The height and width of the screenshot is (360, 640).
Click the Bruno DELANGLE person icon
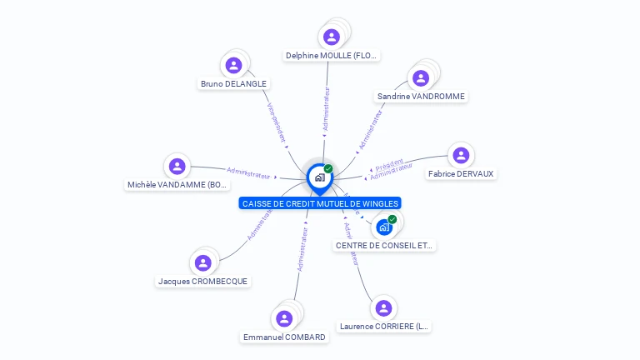click(234, 65)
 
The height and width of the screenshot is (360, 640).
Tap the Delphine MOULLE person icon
click(332, 37)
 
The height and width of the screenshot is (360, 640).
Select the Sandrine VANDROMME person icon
click(421, 77)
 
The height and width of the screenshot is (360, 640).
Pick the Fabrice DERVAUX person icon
click(460, 155)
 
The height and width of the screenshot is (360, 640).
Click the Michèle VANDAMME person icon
click(177, 166)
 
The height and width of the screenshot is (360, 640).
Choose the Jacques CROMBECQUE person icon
click(202, 262)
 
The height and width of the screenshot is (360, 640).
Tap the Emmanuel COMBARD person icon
click(284, 318)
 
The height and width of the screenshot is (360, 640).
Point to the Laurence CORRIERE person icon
click(383, 307)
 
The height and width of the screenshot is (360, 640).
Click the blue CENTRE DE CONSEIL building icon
click(384, 227)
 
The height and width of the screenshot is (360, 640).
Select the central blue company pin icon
click(319, 177)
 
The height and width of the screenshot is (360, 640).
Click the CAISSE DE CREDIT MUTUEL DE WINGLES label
click(320, 203)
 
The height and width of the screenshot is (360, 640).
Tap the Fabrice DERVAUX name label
click(461, 174)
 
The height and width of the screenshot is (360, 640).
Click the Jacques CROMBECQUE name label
click(202, 282)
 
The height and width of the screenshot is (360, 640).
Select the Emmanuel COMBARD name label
click(284, 337)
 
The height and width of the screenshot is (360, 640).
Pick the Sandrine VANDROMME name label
click(421, 97)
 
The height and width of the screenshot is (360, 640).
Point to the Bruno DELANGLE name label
click(234, 84)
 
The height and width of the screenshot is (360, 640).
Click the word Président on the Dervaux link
click(389, 162)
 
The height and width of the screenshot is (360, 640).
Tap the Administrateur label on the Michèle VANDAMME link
click(248, 173)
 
